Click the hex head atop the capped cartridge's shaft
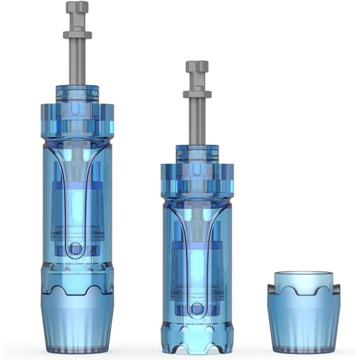(x=77, y=7)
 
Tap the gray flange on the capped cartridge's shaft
(x=77, y=35)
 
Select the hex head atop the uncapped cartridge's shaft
(x=197, y=67)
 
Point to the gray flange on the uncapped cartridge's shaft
(x=197, y=94)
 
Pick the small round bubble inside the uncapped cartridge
(x=197, y=309)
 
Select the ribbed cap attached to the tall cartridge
(x=77, y=320)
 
